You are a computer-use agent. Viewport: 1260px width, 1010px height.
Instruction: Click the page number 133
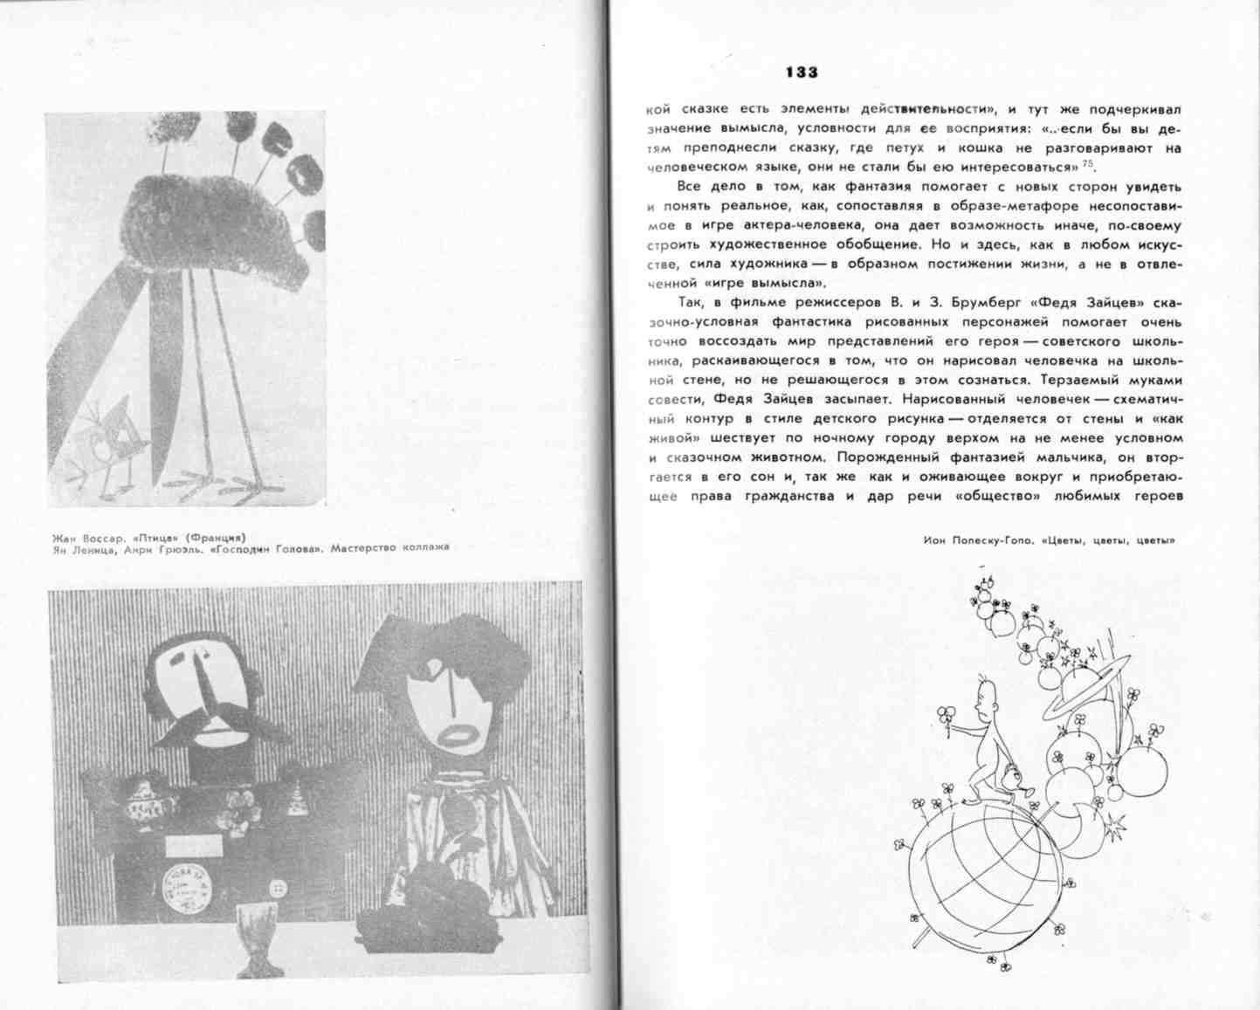pyautogui.click(x=801, y=72)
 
